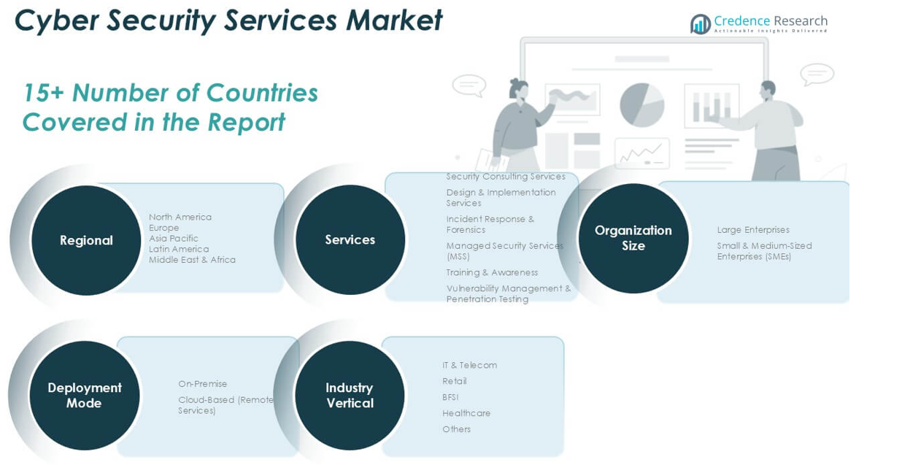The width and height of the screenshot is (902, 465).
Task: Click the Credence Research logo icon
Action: click(701, 24)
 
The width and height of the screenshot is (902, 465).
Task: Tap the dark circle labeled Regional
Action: click(86, 240)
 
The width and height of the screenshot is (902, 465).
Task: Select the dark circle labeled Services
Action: click(350, 239)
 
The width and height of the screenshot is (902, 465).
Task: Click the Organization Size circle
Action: click(633, 238)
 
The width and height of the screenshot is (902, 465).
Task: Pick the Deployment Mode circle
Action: click(85, 395)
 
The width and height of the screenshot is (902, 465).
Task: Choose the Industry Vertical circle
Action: click(350, 395)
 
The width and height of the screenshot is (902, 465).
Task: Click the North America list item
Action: click(180, 217)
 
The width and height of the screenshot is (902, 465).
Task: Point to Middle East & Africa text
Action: click(192, 260)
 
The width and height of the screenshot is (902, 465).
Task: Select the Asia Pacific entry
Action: click(174, 238)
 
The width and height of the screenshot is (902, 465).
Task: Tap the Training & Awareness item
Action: click(492, 272)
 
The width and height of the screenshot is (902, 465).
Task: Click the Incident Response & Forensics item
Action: click(490, 224)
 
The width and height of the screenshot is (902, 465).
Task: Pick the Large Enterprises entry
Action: click(753, 230)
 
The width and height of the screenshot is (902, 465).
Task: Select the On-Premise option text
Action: click(203, 384)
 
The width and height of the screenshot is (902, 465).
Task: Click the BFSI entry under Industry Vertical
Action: click(450, 397)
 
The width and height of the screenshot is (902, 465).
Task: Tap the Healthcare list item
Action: click(466, 413)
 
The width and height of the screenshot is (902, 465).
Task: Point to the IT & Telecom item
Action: click(469, 365)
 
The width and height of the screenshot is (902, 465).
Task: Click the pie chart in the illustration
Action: click(641, 104)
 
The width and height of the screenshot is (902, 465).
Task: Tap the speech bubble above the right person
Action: click(817, 74)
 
